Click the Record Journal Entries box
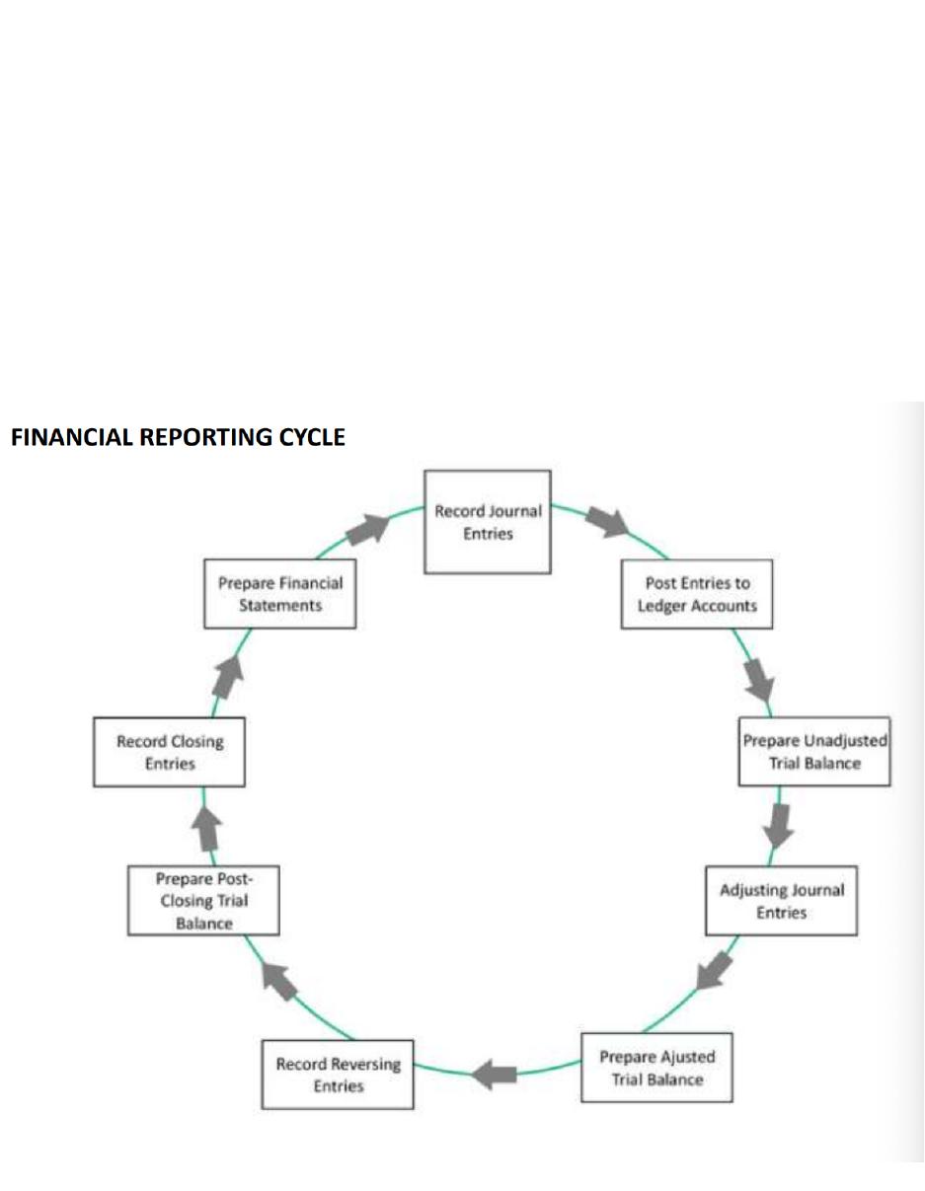pyautogui.click(x=488, y=522)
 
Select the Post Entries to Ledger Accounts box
pyautogui.click(x=697, y=594)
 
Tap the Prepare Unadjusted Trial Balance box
pyautogui.click(x=814, y=752)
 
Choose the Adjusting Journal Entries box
pyautogui.click(x=781, y=901)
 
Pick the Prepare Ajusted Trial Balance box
pyautogui.click(x=656, y=1067)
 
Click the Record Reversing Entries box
pyautogui.click(x=338, y=1075)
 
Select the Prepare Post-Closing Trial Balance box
pyautogui.click(x=203, y=901)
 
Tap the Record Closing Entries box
pyautogui.click(x=170, y=752)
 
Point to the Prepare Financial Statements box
pyautogui.click(x=280, y=594)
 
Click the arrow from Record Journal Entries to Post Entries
pyautogui.click(x=607, y=522)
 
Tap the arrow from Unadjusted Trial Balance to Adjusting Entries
pyautogui.click(x=779, y=826)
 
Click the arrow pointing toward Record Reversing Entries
pyautogui.click(x=494, y=1075)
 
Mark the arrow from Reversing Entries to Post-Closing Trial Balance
pyautogui.click(x=279, y=982)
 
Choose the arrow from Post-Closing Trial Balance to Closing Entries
pyautogui.click(x=206, y=829)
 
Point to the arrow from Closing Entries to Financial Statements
pyautogui.click(x=228, y=676)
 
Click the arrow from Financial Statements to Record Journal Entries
pyautogui.click(x=368, y=529)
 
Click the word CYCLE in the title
pyautogui.click(x=312, y=437)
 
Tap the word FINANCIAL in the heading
pyautogui.click(x=72, y=437)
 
